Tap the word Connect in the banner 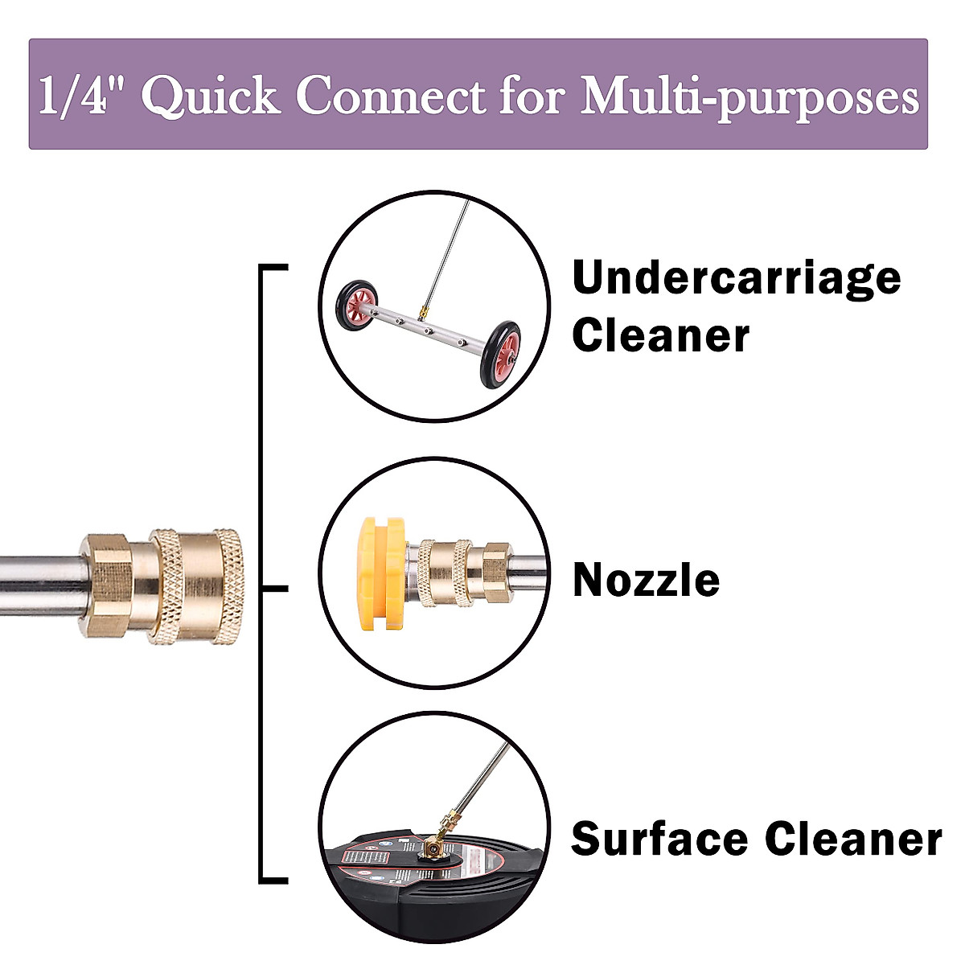391,96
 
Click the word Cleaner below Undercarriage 660,335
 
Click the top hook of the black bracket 273,266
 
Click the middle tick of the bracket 275,588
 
